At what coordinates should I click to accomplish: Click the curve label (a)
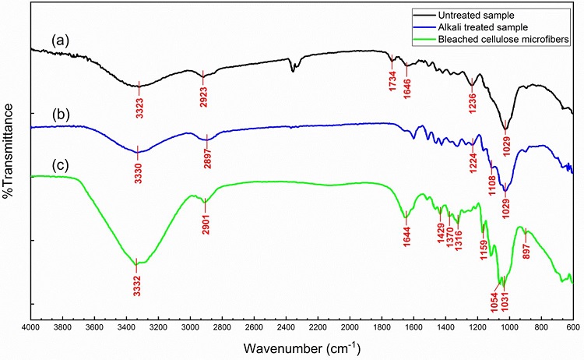click(61, 39)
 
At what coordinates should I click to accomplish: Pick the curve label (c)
click(61, 165)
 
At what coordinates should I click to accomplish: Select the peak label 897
click(526, 248)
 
